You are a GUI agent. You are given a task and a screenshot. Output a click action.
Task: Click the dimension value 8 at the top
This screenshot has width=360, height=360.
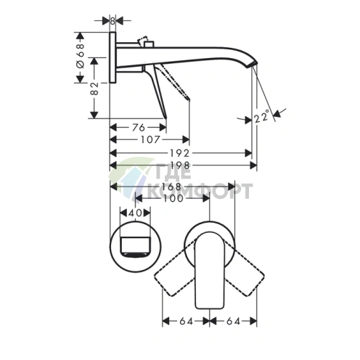point(112,21)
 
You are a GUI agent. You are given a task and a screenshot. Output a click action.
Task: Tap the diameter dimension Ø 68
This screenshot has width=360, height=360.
point(81,56)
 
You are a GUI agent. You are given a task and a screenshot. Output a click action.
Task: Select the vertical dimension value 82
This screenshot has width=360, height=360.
point(94,89)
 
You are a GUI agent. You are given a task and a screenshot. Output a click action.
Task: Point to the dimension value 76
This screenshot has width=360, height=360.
point(139,127)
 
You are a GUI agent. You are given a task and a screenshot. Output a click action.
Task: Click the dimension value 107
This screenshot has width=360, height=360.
point(150,139)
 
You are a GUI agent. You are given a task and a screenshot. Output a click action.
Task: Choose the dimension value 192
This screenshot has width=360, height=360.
point(179,153)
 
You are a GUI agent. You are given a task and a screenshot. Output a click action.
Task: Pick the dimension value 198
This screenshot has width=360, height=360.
point(180,165)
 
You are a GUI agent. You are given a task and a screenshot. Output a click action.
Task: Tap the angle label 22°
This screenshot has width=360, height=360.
point(261,117)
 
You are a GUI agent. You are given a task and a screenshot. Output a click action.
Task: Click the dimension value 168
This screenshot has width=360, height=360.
point(172,187)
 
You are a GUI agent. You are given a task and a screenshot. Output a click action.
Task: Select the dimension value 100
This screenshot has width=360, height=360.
point(173,198)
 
